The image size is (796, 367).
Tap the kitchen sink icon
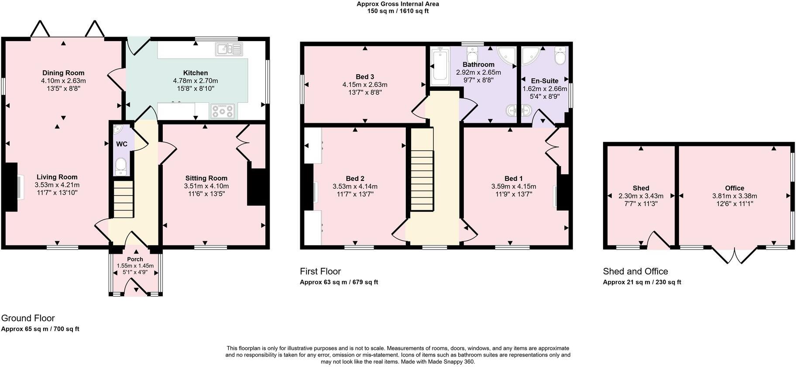coord(228,49)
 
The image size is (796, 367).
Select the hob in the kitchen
coord(222,111)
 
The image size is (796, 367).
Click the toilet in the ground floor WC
coord(120,166)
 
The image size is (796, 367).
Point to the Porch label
coord(135,260)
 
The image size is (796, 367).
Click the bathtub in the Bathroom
coord(439,66)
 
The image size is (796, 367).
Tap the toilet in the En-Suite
coord(560,55)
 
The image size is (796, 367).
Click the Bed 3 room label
coord(365,77)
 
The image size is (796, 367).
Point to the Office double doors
coord(735,255)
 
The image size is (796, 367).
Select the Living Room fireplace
coord(12,187)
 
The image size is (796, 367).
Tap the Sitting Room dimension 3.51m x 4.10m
coord(206,186)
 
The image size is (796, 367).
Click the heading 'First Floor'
coord(320,271)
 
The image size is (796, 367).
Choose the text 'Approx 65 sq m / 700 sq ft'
coord(40,329)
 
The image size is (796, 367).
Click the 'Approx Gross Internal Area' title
coord(398,4)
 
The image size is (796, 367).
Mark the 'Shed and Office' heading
coord(635,271)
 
